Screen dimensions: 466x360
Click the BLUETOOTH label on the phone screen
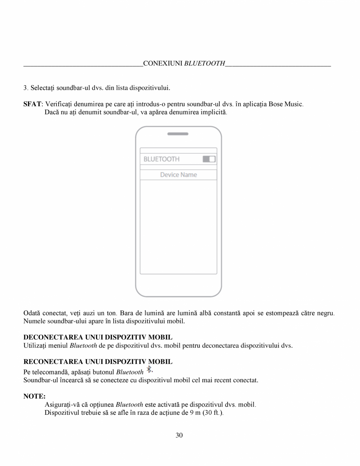161,159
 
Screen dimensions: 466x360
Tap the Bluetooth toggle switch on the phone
209,159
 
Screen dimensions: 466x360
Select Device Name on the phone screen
178,175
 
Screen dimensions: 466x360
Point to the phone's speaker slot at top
178,134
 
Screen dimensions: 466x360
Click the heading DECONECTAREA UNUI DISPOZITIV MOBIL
98,337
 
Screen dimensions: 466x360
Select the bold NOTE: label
34,396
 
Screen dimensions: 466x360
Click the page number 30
179,435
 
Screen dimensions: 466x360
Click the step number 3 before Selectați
25,87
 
